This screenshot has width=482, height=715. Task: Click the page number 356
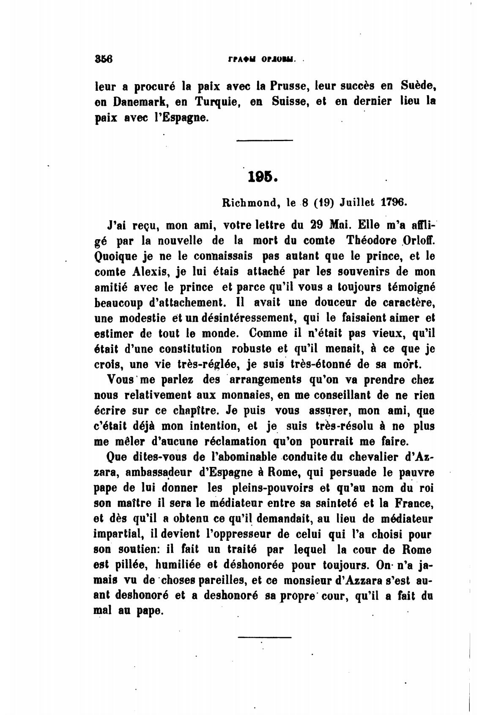(103, 59)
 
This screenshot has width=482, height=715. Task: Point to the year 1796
(394, 202)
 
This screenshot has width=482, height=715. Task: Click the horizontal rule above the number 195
(264, 140)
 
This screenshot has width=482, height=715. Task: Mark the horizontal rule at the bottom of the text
(264, 637)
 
